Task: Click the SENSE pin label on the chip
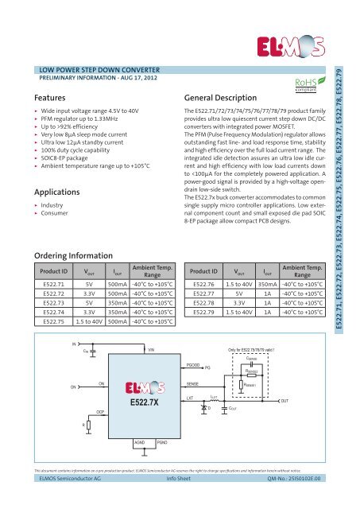pos(192,383)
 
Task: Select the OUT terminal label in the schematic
pos(307,400)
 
